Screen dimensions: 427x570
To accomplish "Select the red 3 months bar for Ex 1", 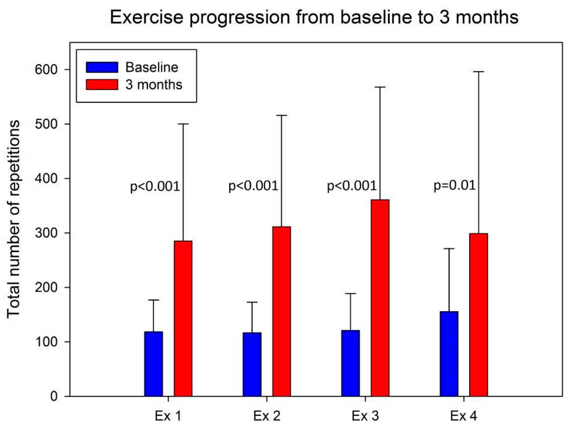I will pos(183,318).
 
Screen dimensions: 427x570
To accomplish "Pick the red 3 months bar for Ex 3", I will pos(380,298).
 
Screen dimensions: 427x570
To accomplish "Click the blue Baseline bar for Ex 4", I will pos(449,354).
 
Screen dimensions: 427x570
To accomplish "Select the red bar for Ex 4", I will pos(479,315).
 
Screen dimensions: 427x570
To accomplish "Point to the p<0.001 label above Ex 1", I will pos(155,186).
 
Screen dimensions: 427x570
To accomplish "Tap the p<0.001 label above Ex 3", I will pos(351,186).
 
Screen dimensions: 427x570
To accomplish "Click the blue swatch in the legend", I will pos(102,67).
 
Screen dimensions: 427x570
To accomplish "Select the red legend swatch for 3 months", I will pos(102,85).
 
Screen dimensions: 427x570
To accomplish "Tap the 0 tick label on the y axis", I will pos(54,396).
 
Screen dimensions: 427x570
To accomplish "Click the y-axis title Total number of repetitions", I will pos(14,219).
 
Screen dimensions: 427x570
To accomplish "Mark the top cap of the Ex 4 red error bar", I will pos(479,72).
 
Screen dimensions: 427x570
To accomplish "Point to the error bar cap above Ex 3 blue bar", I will pos(350,294).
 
